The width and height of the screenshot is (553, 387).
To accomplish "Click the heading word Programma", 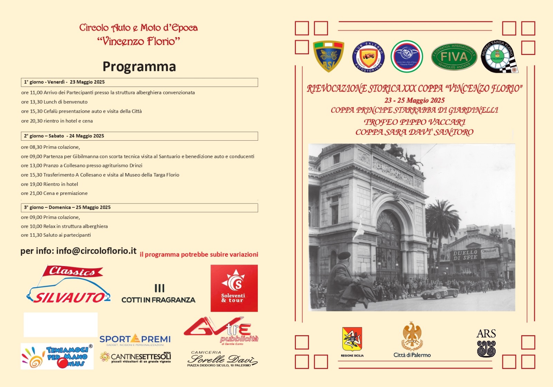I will point(139,66).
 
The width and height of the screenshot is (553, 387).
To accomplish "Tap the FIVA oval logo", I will point(454,56).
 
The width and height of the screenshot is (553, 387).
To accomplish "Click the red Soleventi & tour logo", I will point(234,288).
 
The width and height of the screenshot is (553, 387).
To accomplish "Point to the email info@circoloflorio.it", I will point(96,251).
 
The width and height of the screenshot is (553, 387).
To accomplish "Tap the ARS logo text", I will point(486,333).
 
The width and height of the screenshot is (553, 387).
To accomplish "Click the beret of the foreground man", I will point(344,256).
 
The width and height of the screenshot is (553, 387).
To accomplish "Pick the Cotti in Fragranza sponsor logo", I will point(158,294).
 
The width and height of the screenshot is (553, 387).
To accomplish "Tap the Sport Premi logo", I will point(135,339).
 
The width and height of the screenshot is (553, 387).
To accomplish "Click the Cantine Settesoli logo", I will point(135,357).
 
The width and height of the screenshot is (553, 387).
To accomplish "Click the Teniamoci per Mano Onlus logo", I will point(57,356).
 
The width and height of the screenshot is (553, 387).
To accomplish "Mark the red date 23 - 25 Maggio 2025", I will point(414,100).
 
